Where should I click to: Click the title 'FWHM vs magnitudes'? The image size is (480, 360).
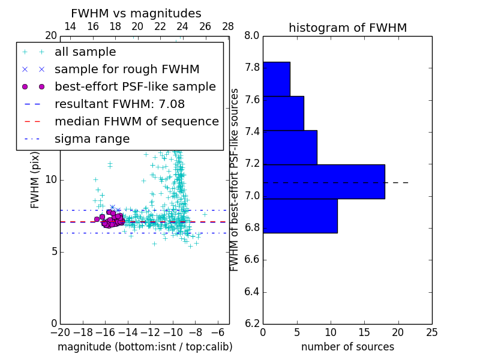coord(136,13)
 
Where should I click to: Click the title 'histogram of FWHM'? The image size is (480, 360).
coord(347,28)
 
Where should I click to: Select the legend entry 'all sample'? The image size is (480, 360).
coord(85,52)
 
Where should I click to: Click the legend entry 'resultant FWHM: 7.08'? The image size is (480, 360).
coord(119,104)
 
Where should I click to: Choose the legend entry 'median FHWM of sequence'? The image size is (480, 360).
coord(136,122)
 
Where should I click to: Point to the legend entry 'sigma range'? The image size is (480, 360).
coord(92,139)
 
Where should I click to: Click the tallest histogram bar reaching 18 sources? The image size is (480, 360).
coord(323,181)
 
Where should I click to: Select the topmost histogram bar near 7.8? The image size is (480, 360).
coord(276,79)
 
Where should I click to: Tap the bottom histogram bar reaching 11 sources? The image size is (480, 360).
coord(300,215)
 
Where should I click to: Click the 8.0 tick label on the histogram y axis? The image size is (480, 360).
coord(252,36)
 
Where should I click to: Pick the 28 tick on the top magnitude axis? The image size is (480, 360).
coord(228,26)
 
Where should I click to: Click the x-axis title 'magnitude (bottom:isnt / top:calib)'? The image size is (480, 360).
coord(145,347)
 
